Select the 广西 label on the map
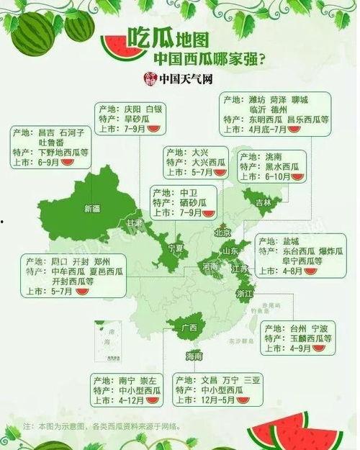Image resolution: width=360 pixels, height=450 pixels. (190, 328)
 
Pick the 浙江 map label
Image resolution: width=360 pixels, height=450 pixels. (244, 294)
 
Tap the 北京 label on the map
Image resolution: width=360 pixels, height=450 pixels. (222, 233)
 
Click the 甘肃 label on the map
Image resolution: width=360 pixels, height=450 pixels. (135, 223)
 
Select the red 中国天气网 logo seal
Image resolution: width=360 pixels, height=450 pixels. (150, 78)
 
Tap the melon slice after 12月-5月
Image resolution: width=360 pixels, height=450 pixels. (243, 400)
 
